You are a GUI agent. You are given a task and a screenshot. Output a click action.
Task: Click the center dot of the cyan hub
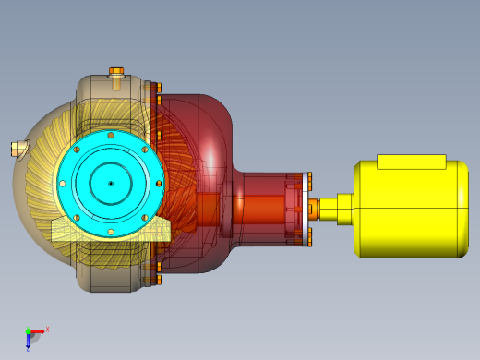click(x=110, y=184)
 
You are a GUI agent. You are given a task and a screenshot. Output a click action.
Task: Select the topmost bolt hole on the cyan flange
click(x=110, y=136)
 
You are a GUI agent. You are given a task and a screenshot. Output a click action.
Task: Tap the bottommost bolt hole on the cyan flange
click(x=110, y=232)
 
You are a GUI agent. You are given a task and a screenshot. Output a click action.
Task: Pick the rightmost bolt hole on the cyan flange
click(x=158, y=184)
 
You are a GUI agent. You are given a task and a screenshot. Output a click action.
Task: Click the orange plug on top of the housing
click(x=116, y=71)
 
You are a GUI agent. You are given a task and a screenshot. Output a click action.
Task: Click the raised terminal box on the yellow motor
click(x=412, y=162)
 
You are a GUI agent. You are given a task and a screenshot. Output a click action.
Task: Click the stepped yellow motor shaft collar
click(x=344, y=208)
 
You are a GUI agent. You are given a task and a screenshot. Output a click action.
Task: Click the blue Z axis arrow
click(x=29, y=342)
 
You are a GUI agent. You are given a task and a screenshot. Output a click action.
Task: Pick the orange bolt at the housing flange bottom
click(x=156, y=279)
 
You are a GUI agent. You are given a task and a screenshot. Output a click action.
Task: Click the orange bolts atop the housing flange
click(x=156, y=88)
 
